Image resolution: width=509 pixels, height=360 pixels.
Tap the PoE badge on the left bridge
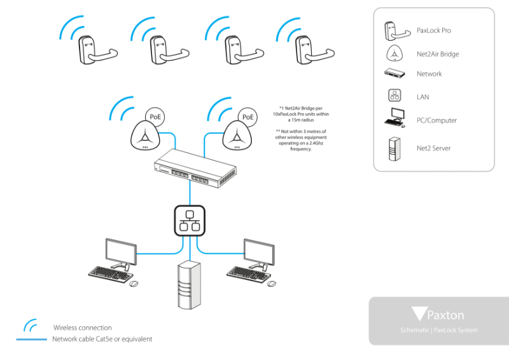click(x=155, y=116)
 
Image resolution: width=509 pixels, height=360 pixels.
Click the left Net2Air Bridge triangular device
click(x=145, y=135)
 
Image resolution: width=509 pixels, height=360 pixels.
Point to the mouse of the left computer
click(x=134, y=283)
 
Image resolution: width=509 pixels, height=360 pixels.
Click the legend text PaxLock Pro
click(x=434, y=30)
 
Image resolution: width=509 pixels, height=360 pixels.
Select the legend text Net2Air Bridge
click(x=438, y=54)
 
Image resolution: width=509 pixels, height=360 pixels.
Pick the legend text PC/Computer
click(x=436, y=120)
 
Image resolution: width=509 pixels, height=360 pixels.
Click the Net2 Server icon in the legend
click(x=394, y=149)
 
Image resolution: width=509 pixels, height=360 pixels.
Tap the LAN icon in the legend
click(x=394, y=96)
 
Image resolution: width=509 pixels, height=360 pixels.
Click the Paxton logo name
click(x=445, y=315)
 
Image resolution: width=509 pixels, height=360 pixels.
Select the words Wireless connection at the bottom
click(x=83, y=328)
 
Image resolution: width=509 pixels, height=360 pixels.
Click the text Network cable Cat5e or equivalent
click(x=102, y=339)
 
